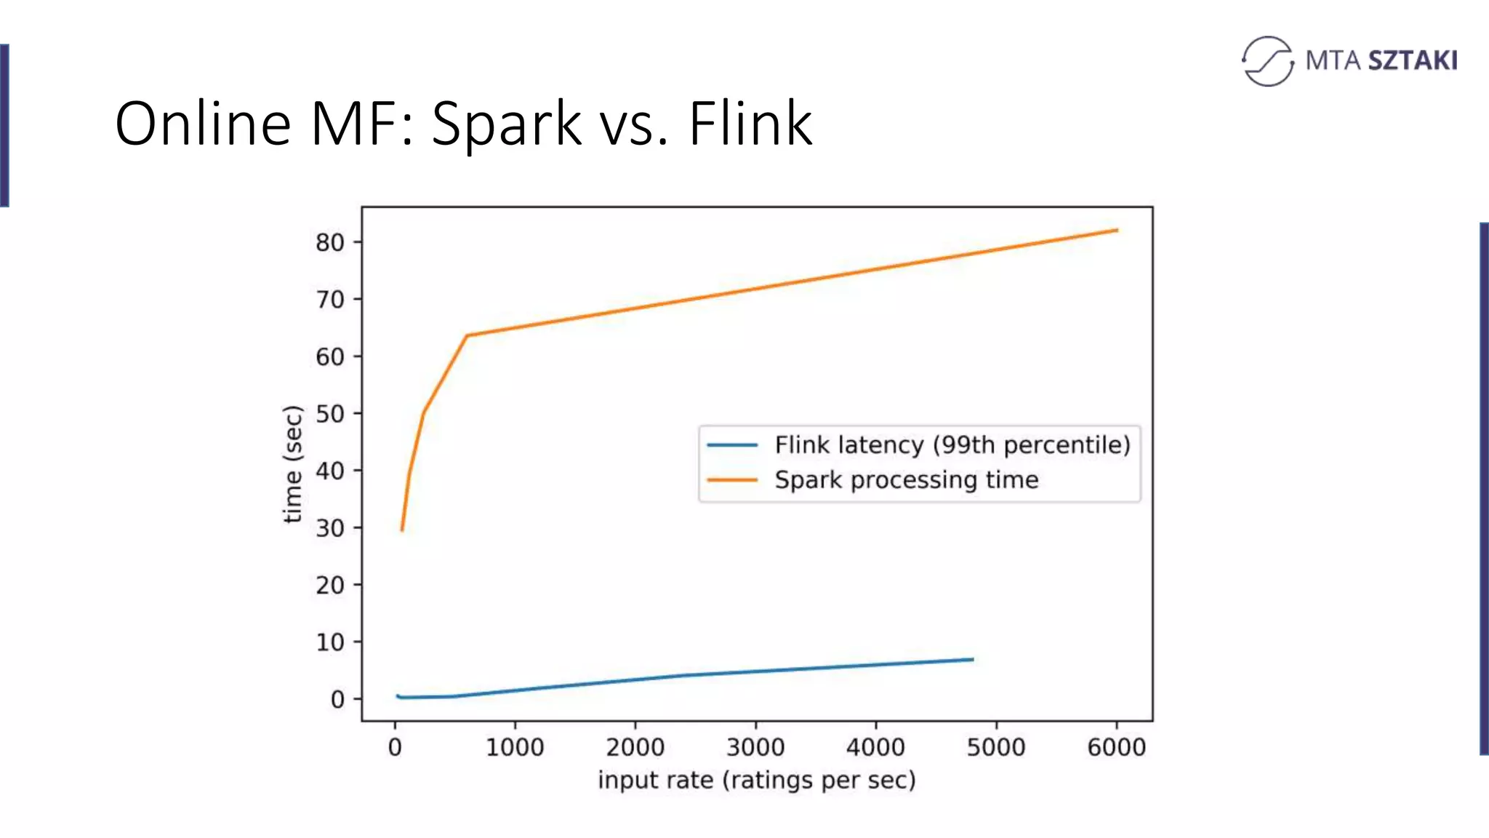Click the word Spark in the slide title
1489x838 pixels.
click(x=506, y=124)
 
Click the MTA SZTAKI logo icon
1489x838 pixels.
click(x=1267, y=61)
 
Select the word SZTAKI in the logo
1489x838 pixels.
click(x=1413, y=60)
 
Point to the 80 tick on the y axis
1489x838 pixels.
click(x=330, y=242)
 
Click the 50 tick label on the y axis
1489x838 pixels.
click(x=330, y=414)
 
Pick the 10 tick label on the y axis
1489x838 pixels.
click(x=330, y=642)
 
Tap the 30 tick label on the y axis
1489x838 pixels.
click(x=330, y=528)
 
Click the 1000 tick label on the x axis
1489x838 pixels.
click(x=515, y=747)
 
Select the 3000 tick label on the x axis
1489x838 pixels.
click(x=755, y=747)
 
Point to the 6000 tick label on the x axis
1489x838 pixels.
click(x=1116, y=747)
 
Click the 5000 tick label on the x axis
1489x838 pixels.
click(x=996, y=747)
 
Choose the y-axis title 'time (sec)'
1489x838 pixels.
click(x=292, y=464)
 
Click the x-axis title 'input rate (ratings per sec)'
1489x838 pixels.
click(x=756, y=780)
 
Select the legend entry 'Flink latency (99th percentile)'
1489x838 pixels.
click(x=952, y=444)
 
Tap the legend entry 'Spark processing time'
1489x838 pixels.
click(x=906, y=480)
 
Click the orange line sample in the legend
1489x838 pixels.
click(x=732, y=480)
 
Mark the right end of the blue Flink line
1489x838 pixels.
click(x=973, y=660)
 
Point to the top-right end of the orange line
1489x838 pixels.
click(x=1117, y=231)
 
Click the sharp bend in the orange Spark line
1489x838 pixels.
click(x=467, y=335)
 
